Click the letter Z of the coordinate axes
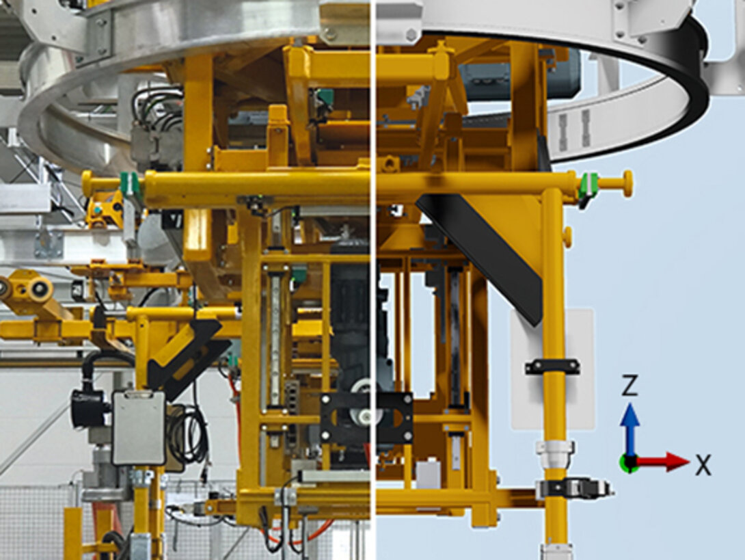tap(629, 385)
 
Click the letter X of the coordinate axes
tap(704, 464)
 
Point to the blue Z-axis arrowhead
tap(629, 414)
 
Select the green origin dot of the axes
tap(629, 462)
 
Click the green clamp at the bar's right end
tap(589, 185)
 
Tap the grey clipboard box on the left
tap(139, 427)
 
